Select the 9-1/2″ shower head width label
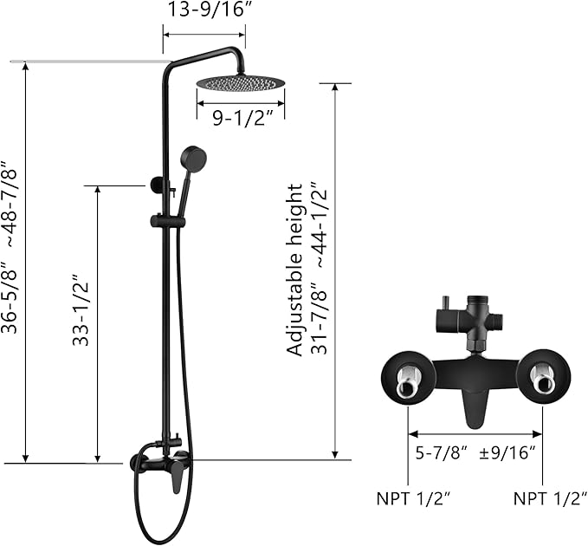242,119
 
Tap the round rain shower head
241,83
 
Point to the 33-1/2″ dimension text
81,311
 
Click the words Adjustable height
294,270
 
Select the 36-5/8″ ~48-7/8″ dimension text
9,247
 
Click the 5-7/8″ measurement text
441,453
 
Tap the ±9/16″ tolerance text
507,453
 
